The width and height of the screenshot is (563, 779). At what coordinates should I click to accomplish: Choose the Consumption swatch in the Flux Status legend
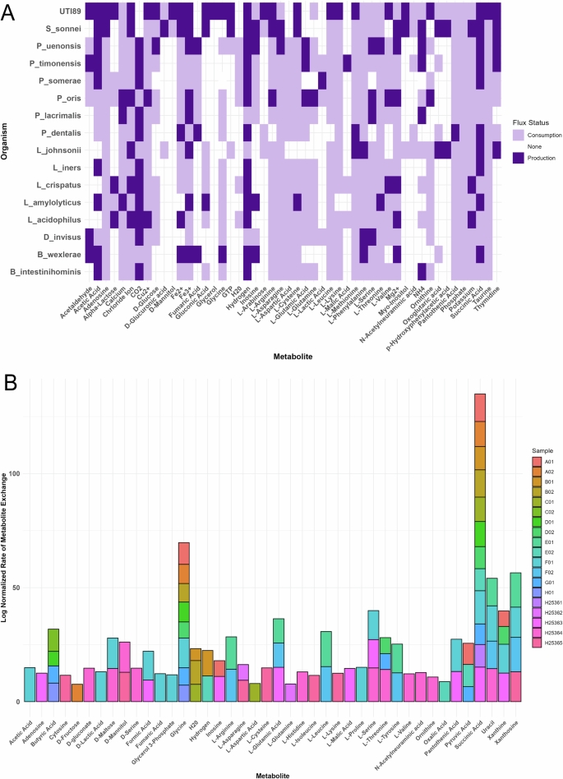(519, 132)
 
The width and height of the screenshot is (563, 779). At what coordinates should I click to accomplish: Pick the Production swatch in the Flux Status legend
(519, 156)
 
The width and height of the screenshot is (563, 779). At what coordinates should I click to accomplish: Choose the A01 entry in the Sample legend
(538, 461)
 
